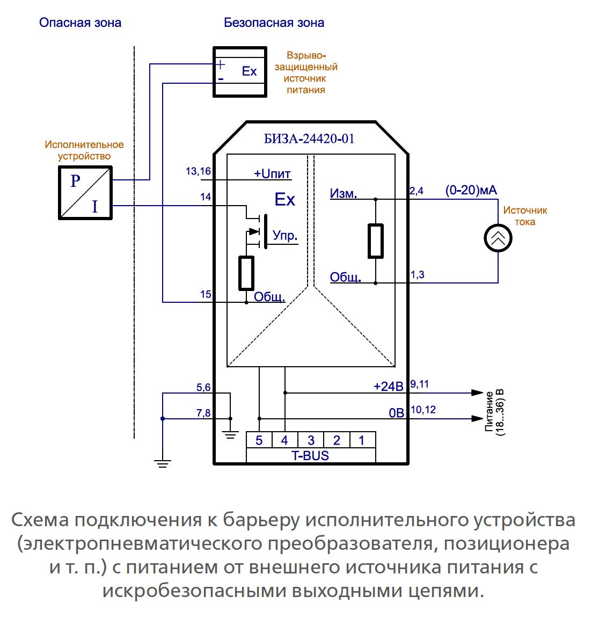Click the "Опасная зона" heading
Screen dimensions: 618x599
click(80, 23)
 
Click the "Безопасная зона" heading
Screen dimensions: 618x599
click(274, 23)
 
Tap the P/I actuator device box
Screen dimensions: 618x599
click(85, 193)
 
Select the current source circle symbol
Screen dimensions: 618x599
click(498, 238)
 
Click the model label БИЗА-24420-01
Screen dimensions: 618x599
click(309, 139)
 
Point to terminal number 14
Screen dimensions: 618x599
click(206, 197)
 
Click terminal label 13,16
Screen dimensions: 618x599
click(198, 171)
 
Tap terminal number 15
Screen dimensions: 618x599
click(206, 294)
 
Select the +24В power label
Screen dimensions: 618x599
click(388, 386)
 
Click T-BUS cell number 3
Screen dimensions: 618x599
click(311, 441)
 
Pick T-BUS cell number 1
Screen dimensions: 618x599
click(362, 441)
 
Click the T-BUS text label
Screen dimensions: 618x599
click(310, 456)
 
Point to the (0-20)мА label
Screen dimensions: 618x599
click(471, 190)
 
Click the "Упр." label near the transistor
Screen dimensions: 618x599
click(285, 235)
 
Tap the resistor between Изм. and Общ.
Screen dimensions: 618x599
click(375, 241)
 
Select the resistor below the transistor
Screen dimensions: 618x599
click(246, 273)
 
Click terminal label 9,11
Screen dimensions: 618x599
click(419, 384)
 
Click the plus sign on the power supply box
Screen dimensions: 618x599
click(221, 65)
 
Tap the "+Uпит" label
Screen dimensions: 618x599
click(272, 174)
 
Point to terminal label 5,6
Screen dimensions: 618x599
click(203, 387)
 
